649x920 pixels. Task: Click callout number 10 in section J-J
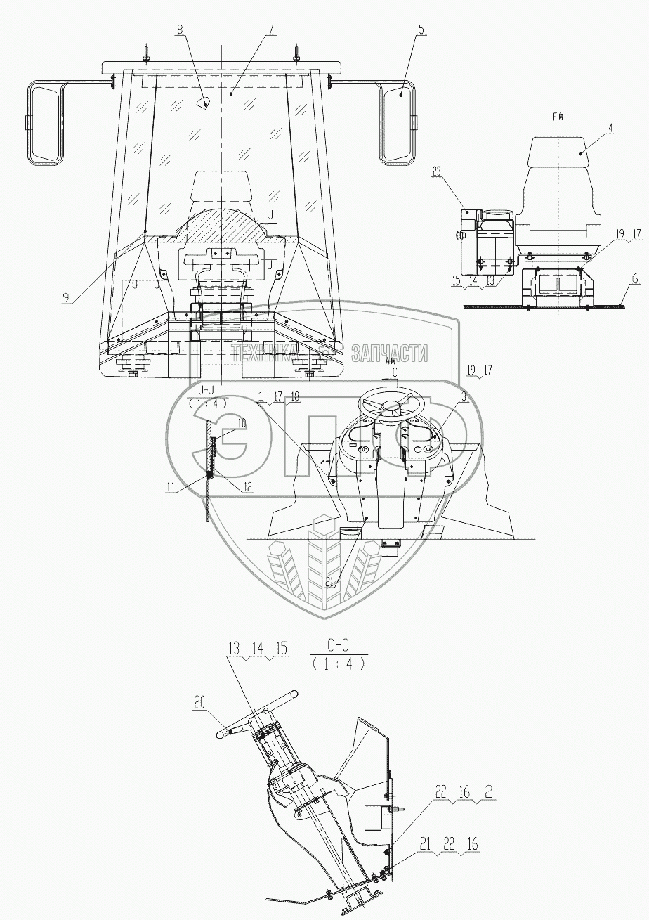click(x=242, y=423)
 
